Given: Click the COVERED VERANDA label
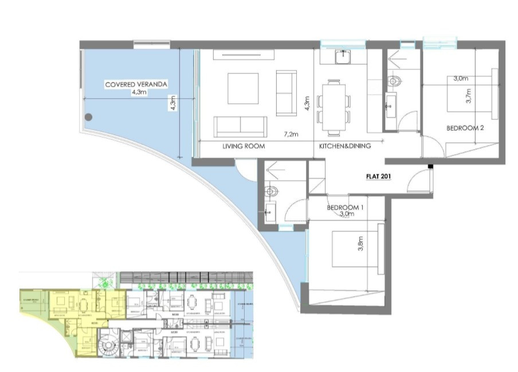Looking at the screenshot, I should click(x=136, y=84).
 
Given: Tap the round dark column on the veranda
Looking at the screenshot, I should click(x=88, y=117).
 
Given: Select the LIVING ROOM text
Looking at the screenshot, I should click(x=244, y=146).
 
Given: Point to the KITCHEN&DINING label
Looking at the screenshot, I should click(x=345, y=146).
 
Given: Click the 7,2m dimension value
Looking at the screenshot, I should click(x=291, y=134).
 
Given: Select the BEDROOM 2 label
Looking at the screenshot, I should click(x=465, y=129).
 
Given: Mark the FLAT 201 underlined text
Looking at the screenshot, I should click(x=378, y=177).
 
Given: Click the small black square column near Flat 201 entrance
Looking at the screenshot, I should click(x=430, y=167).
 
